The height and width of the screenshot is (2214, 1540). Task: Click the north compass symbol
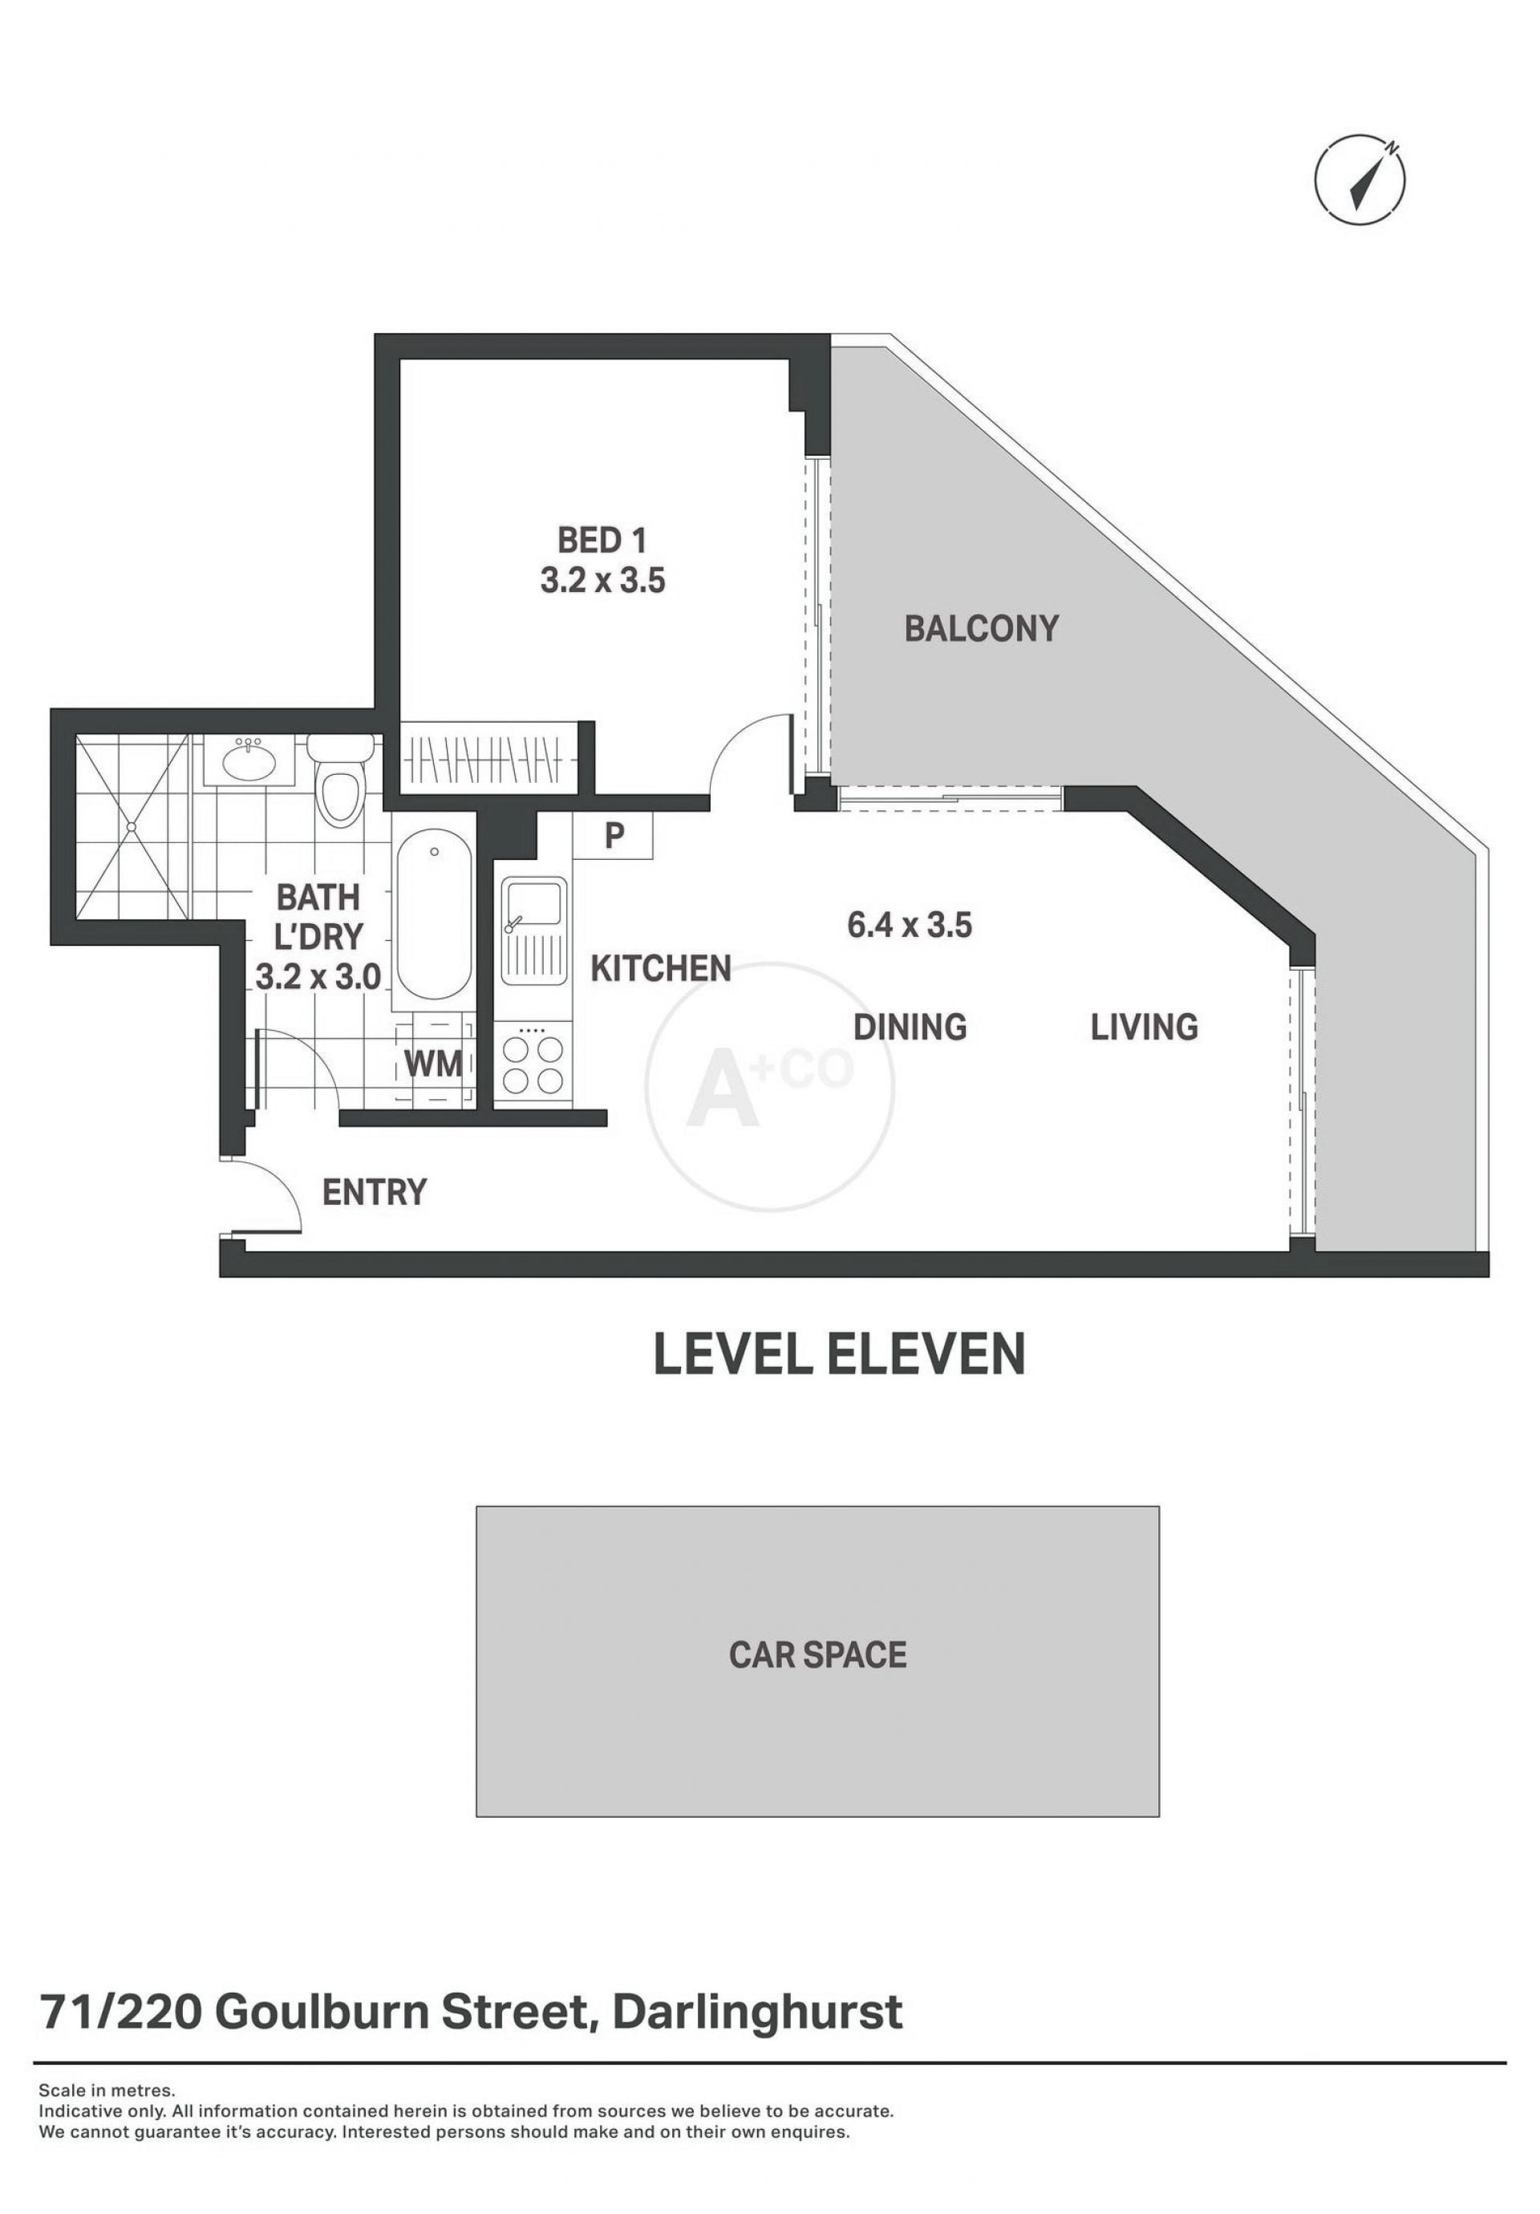(x=1360, y=180)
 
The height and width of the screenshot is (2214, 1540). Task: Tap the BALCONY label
(x=981, y=629)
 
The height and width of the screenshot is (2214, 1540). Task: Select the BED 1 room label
(x=602, y=540)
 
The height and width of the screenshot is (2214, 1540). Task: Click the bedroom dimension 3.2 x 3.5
(x=602, y=582)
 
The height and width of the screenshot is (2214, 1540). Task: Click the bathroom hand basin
(x=249, y=760)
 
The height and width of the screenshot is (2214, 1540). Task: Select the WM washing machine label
(x=433, y=1063)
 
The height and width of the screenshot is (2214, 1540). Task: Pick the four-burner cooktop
(x=533, y=1064)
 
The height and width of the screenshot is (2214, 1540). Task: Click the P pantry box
(x=614, y=836)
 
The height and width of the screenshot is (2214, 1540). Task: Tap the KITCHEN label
(x=661, y=968)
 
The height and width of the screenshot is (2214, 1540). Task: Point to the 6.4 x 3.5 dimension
(x=910, y=926)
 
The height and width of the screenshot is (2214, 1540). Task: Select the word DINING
(x=910, y=1027)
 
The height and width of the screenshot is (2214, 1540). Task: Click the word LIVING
(x=1144, y=1027)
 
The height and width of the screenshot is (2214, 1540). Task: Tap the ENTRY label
(x=374, y=1193)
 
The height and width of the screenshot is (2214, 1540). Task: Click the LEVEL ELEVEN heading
(x=839, y=1354)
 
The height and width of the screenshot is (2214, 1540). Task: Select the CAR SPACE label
(x=818, y=1655)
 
